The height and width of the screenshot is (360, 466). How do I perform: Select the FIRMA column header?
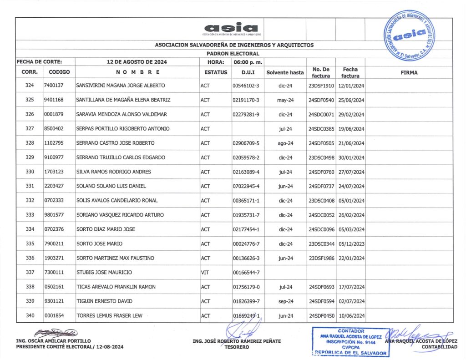(409, 72)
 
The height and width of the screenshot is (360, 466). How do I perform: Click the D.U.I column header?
(248, 72)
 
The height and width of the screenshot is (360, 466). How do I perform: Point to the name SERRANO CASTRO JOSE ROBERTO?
(115, 143)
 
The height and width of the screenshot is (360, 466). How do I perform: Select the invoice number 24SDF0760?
(321, 172)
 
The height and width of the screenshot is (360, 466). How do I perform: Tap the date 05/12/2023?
(350, 244)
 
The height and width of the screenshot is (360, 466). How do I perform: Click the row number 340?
(30, 316)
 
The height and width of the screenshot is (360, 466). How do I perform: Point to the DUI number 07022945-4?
(246, 187)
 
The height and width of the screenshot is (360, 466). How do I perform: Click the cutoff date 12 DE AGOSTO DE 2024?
(137, 61)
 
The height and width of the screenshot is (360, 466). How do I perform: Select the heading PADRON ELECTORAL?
(233, 53)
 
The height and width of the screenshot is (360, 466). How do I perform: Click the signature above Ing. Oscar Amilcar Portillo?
(55, 333)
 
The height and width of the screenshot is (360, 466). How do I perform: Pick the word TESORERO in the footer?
(237, 347)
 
